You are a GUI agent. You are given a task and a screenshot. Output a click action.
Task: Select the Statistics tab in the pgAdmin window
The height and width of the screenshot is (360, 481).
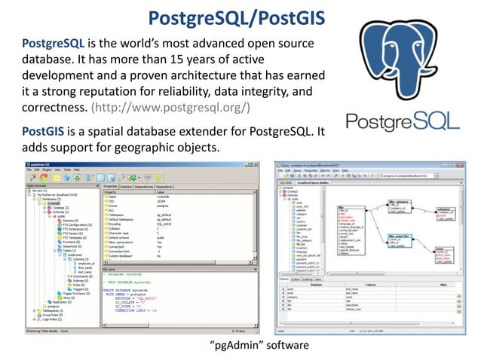[127, 186]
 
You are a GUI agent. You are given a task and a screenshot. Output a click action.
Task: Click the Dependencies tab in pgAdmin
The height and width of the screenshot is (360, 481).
[149, 186]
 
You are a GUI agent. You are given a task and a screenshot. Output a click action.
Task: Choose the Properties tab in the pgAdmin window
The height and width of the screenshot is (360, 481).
[110, 186]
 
